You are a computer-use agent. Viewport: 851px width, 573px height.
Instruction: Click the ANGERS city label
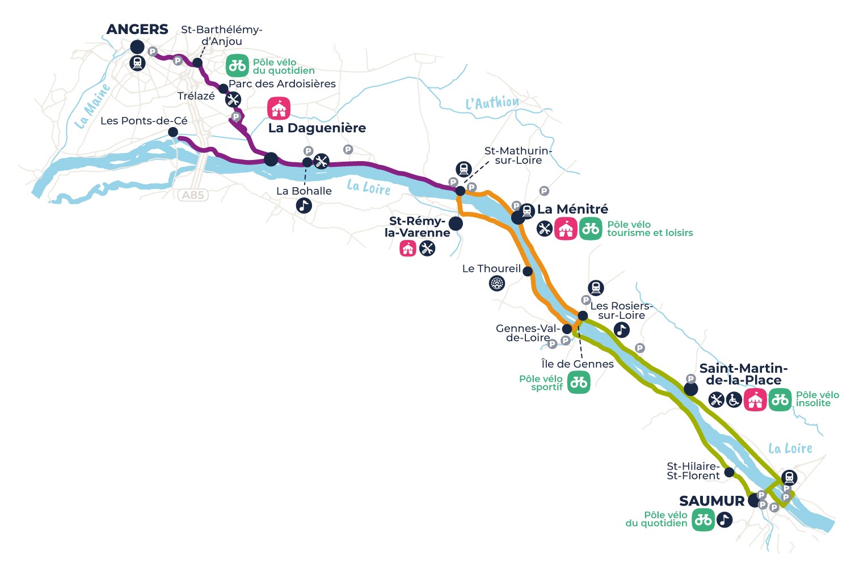[x=137, y=30]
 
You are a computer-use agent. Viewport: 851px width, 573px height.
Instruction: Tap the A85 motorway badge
[x=193, y=195]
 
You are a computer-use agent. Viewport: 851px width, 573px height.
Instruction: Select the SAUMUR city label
[x=711, y=501]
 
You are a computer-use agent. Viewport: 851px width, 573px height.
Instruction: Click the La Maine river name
[x=92, y=107]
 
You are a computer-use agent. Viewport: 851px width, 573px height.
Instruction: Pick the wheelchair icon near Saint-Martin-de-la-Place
[x=734, y=400]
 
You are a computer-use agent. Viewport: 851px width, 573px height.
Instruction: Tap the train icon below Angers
[x=137, y=63]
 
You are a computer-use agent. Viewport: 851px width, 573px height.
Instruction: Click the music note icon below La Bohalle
[x=304, y=205]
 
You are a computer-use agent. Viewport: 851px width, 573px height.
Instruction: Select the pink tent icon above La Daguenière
[x=279, y=108]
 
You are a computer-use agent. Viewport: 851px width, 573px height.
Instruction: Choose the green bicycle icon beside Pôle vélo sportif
[x=579, y=382]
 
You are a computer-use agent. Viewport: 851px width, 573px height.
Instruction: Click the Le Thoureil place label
[x=491, y=269]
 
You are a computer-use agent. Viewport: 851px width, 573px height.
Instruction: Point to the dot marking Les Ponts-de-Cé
[x=173, y=132]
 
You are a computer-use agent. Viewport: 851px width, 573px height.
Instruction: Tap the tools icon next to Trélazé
[x=233, y=100]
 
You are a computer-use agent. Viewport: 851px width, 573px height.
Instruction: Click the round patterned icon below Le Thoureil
[x=497, y=283]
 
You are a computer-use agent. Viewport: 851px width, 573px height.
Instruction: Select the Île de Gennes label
[x=578, y=364]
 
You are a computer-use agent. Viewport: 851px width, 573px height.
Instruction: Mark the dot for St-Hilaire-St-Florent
[x=729, y=473]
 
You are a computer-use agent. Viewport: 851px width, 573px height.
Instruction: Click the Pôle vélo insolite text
[x=818, y=399]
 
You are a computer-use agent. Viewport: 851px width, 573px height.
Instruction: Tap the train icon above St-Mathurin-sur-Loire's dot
[x=464, y=169]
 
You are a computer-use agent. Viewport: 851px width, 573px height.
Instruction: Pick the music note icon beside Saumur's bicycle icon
[x=724, y=520]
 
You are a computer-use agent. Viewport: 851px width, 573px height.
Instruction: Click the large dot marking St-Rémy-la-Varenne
[x=456, y=224]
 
